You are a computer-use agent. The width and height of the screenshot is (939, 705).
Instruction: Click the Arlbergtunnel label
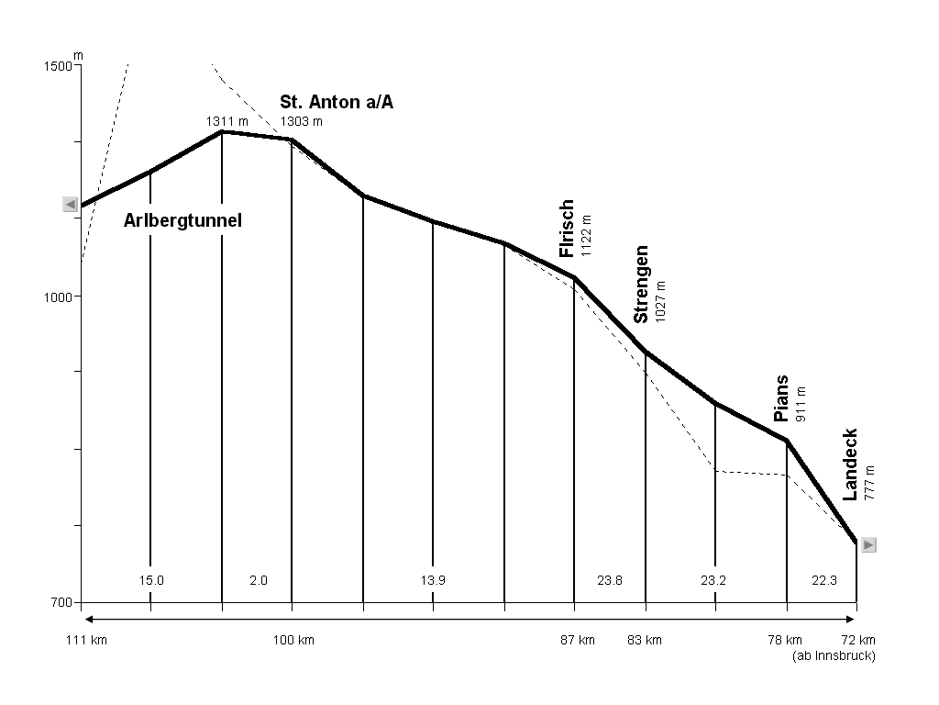tap(182, 220)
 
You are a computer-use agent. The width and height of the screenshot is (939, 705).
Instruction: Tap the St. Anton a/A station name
tap(337, 102)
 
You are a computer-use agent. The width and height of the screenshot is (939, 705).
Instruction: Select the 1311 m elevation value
tap(227, 121)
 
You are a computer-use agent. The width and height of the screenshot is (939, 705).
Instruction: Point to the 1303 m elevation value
tap(301, 121)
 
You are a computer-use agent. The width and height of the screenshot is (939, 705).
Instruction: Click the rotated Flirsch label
tap(567, 229)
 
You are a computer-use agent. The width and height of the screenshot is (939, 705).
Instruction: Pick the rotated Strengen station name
tap(642, 285)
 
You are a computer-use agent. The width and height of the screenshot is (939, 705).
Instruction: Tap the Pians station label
tap(781, 398)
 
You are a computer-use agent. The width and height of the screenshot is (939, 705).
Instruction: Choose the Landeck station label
tap(851, 464)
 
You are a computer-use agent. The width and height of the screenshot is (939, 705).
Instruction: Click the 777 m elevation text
tap(869, 482)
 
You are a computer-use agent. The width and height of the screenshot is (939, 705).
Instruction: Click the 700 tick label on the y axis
tap(61, 603)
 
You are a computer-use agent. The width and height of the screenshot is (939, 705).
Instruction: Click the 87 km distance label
tap(578, 640)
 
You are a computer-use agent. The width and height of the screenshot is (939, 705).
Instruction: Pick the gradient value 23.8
tap(610, 580)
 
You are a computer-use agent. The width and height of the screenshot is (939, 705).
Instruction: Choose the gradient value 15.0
tap(151, 580)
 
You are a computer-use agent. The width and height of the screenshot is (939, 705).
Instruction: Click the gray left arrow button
tap(70, 204)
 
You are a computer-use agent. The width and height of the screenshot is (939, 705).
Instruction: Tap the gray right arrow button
tap(868, 544)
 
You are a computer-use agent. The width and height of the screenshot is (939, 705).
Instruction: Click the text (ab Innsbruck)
tap(834, 655)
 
